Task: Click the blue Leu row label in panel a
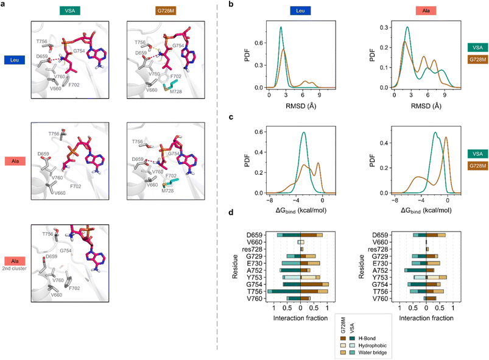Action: [13, 60]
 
